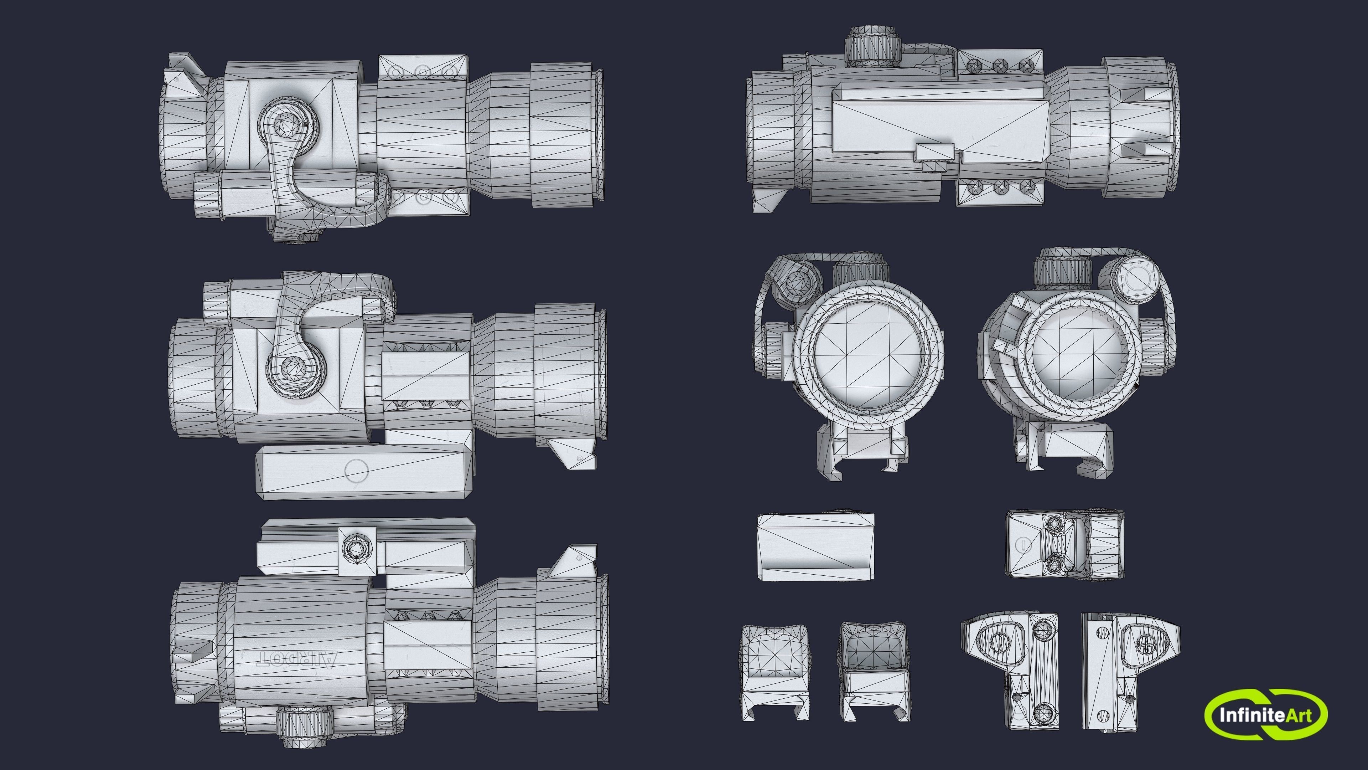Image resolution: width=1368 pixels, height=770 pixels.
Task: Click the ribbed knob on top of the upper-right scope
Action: point(871,46)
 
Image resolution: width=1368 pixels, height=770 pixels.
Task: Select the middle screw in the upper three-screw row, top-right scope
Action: point(1000,65)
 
